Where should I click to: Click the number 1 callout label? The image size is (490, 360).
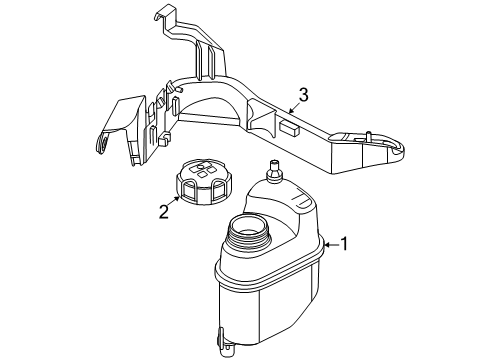(346, 241)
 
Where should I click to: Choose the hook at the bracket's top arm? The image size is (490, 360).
(164, 15)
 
